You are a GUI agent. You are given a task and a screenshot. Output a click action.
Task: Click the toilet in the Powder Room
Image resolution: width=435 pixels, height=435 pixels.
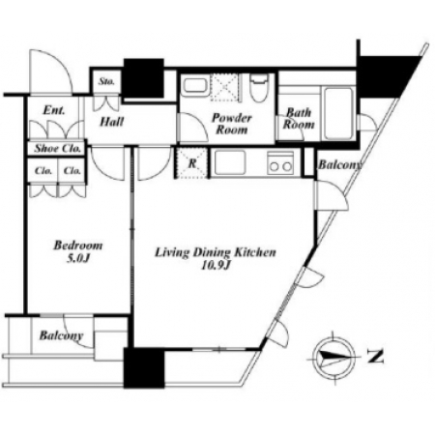tap(259, 87)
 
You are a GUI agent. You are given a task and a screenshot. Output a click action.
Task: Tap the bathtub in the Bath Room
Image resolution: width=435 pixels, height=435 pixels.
tap(337, 113)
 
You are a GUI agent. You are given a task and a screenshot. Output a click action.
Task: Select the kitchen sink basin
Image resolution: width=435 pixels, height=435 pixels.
tap(230, 162)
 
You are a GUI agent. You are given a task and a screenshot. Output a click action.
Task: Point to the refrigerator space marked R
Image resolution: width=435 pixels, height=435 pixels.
tap(191, 162)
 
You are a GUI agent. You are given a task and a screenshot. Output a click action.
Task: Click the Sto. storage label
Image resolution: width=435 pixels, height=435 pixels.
tap(106, 81)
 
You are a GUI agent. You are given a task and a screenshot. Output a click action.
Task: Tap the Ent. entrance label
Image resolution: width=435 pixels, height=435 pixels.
tap(54, 110)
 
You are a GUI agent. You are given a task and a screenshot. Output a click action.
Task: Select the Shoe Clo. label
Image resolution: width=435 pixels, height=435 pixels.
tap(58, 149)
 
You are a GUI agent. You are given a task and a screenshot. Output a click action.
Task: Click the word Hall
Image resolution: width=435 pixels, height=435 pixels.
tap(111, 122)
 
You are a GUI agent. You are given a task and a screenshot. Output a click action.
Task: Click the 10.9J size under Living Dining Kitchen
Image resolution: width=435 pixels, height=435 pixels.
tap(216, 265)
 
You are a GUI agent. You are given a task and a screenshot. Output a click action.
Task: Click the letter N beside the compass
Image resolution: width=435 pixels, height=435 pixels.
tap(376, 357)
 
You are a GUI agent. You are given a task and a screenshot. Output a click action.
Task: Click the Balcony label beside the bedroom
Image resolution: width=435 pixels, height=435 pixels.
tap(61, 336)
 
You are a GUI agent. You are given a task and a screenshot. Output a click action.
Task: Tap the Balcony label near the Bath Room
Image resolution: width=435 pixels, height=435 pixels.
tap(339, 165)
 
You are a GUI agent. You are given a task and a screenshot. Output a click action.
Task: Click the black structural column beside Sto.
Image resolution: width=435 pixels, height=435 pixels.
tap(144, 78)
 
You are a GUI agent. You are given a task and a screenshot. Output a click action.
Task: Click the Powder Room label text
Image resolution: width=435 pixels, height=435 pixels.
tap(232, 124)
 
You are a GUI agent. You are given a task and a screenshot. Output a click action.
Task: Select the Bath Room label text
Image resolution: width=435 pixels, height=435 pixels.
tap(299, 119)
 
